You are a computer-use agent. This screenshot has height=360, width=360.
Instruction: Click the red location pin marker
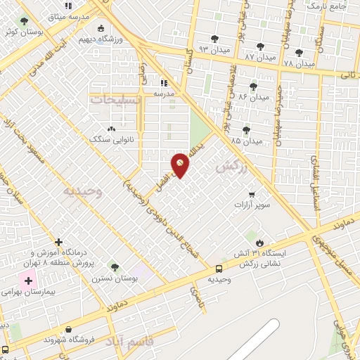point(181,164)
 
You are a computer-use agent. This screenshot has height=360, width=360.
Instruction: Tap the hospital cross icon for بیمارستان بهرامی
point(29,281)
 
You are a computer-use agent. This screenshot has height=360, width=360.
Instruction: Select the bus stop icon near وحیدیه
point(219,268)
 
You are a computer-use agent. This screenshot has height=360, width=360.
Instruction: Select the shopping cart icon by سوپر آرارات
point(252,194)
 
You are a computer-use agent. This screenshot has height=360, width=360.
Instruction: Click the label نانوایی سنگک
point(105,139)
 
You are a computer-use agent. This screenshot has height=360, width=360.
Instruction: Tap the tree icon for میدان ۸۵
point(246,129)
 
